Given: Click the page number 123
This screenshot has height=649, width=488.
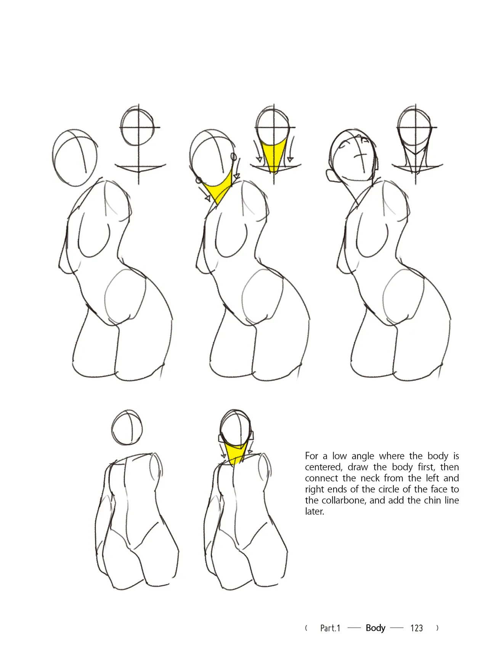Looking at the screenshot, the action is click(x=416, y=628).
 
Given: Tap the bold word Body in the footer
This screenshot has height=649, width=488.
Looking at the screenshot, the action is click(x=376, y=628).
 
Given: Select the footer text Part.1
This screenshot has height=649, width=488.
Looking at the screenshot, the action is click(x=330, y=628).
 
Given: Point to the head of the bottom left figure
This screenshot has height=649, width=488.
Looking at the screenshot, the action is click(x=128, y=428).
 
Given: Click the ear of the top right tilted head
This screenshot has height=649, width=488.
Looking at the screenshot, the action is click(x=330, y=176).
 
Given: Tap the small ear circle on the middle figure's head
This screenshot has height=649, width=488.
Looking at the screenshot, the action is click(x=234, y=156).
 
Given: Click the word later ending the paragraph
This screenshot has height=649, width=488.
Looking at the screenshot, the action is click(x=314, y=511).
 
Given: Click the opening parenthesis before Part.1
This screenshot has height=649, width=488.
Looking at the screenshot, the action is click(x=307, y=628).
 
